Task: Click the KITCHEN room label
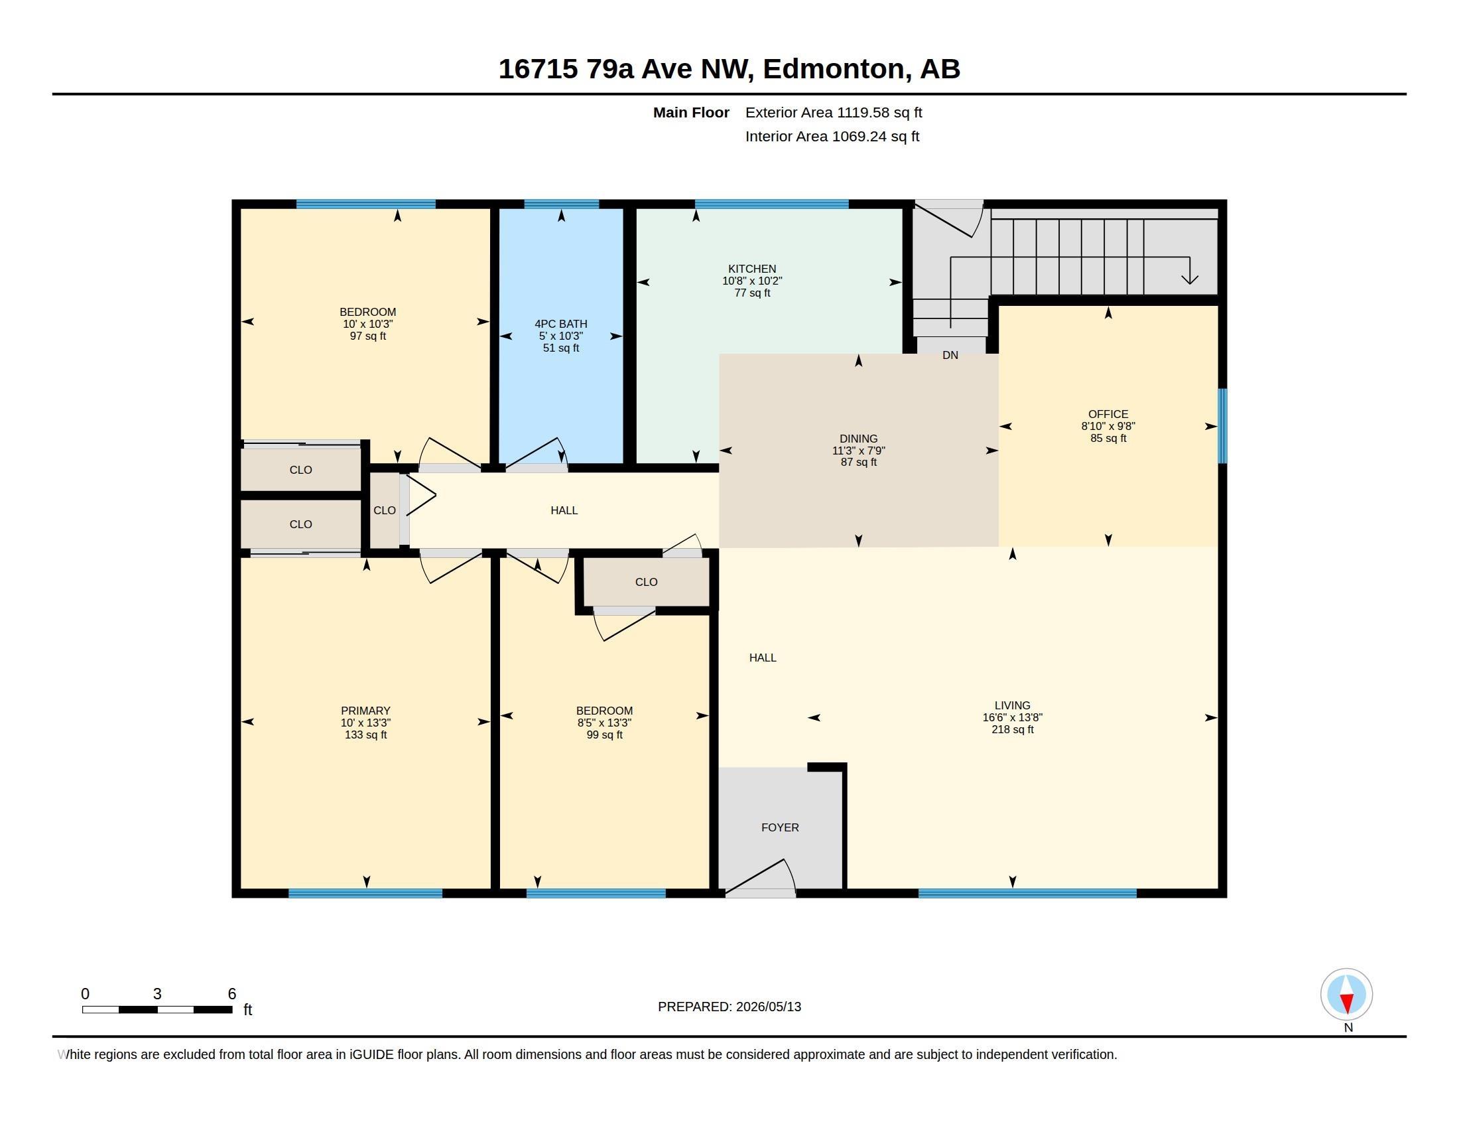click(752, 269)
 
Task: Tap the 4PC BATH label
click(561, 324)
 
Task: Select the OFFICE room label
click(1108, 414)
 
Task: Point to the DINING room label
click(858, 439)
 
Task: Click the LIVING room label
click(1012, 705)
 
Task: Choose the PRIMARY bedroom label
click(365, 711)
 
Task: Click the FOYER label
click(781, 827)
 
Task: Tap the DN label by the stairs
click(950, 356)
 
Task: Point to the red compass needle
click(1347, 1003)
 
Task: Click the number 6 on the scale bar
click(232, 994)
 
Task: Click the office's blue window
click(1222, 426)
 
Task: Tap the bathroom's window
click(561, 204)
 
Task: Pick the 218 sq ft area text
click(1012, 729)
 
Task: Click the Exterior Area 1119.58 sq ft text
click(834, 112)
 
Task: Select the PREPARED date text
click(729, 1007)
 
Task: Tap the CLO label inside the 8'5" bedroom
click(646, 582)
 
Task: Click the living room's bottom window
click(1027, 894)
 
